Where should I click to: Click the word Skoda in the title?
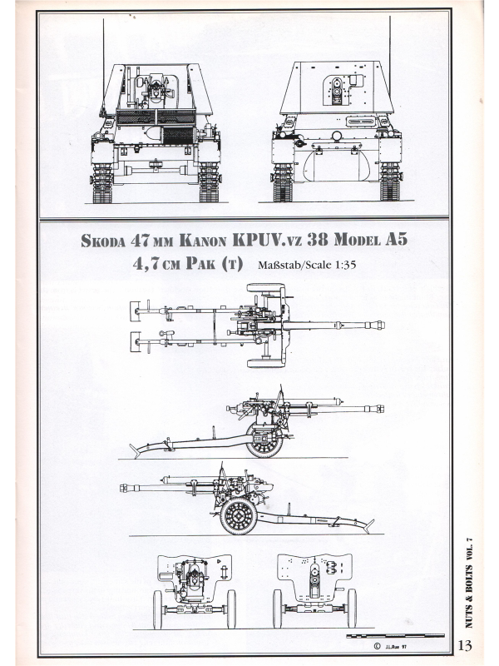tap(103, 241)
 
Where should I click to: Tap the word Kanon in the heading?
tap(203, 241)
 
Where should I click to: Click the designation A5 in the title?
tap(397, 240)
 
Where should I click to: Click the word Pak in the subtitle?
tap(200, 264)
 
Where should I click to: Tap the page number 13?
tap(465, 645)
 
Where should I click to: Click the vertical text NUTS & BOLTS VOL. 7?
tap(468, 583)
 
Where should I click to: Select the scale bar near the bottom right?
tap(396, 636)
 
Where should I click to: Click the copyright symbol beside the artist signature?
tap(377, 646)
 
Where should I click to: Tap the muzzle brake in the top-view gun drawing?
tap(378, 326)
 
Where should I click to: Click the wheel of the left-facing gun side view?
tap(239, 515)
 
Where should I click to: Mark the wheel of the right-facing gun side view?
tap(264, 440)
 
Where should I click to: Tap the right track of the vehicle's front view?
tap(390, 181)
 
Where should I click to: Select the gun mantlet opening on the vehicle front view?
tap(337, 91)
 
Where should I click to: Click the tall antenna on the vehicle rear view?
tap(103, 68)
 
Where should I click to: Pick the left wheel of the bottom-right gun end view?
tap(277, 609)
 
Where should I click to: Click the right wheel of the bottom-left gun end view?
tap(231, 609)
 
